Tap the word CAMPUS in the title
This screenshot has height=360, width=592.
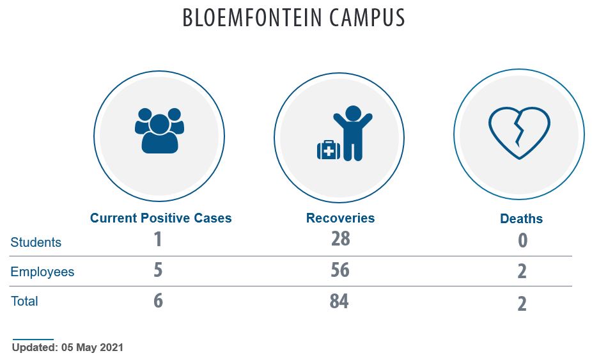pos(367,17)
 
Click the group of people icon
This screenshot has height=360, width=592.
pos(159,130)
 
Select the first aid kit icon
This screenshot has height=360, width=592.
pos(329,150)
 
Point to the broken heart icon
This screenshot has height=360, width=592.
pos(519,133)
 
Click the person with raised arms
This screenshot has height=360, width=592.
pos(353,133)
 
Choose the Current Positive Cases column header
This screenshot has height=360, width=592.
pos(161,218)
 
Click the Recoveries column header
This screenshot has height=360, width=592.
pos(340,218)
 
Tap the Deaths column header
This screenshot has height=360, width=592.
pos(521,219)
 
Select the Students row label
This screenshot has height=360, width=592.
pos(36,242)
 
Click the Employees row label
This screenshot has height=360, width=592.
pos(42,272)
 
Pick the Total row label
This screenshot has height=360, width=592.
pos(24,301)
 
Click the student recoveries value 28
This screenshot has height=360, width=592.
pos(341,239)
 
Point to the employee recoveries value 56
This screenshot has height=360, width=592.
pos(340,270)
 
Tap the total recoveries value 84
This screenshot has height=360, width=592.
pos(339,301)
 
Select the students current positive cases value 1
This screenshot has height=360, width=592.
pos(158,239)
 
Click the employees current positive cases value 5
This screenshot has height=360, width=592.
pos(158,270)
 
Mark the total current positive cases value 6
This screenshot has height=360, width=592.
pos(158,301)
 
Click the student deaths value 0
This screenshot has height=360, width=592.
pos(522,240)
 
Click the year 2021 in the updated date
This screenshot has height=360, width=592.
pos(111,348)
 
